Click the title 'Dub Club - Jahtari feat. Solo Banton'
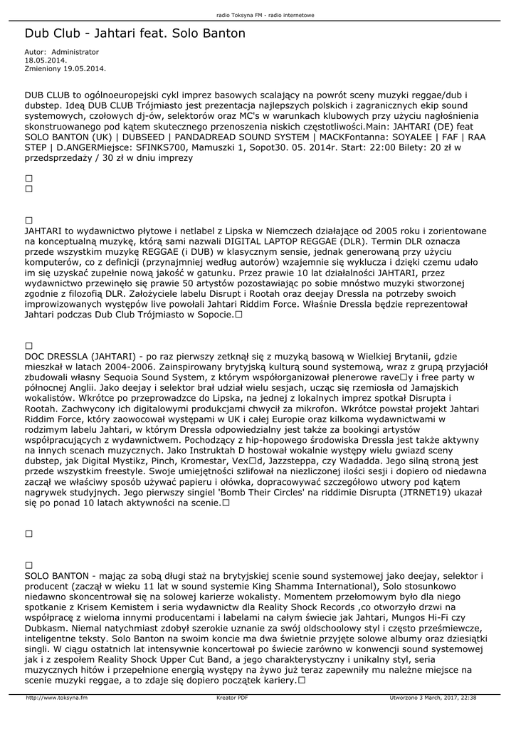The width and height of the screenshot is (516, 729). pyautogui.click(x=135, y=33)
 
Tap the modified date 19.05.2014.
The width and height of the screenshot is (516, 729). pyautogui.click(x=85, y=68)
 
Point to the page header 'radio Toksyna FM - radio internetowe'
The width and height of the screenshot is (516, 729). pyautogui.click(x=258, y=14)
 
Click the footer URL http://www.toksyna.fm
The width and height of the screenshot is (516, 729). pyautogui.click(x=57, y=698)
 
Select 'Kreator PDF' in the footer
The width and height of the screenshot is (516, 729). pyautogui.click(x=232, y=698)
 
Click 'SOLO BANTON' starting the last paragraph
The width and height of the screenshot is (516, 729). pyautogui.click(x=56, y=575)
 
